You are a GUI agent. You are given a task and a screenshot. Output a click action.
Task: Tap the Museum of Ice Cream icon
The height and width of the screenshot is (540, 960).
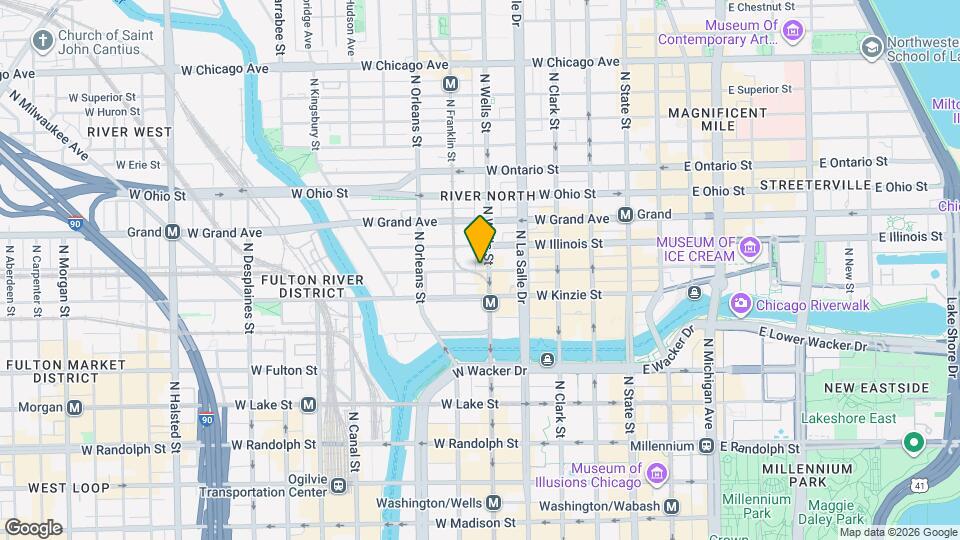(751, 246)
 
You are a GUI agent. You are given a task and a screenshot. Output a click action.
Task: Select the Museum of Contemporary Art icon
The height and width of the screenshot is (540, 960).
(793, 32)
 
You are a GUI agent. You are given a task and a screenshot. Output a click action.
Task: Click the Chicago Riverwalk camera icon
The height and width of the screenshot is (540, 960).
(740, 303)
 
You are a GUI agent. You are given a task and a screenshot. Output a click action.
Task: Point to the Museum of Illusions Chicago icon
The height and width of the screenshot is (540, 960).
(656, 472)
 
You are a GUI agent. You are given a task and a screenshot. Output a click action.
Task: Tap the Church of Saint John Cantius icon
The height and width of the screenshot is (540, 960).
(41, 41)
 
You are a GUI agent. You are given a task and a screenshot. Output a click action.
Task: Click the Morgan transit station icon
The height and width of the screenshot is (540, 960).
(75, 408)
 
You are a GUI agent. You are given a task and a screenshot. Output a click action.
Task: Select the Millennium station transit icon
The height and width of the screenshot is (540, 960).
(707, 446)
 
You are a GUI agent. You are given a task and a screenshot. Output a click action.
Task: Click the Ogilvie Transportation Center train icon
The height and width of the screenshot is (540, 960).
(339, 485)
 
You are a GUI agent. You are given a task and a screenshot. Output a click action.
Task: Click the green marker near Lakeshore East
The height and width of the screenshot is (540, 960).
(912, 441)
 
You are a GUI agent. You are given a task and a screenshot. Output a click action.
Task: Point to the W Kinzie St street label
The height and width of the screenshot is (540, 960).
(568, 295)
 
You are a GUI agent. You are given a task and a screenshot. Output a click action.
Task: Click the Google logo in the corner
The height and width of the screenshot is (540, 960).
(33, 527)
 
